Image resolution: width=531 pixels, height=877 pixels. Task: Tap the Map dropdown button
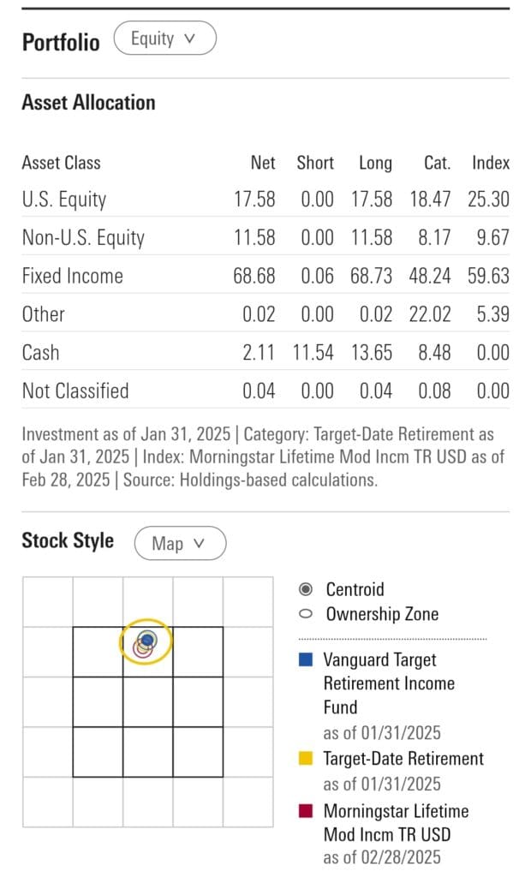pyautogui.click(x=179, y=543)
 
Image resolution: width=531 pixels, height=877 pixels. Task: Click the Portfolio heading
pyautogui.click(x=60, y=42)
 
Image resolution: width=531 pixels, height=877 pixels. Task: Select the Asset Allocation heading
pyautogui.click(x=88, y=103)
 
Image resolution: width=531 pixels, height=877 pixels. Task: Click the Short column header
pyautogui.click(x=315, y=163)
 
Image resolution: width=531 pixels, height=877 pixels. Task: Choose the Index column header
pyautogui.click(x=490, y=163)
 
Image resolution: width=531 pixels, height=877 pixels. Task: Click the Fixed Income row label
pyautogui.click(x=72, y=276)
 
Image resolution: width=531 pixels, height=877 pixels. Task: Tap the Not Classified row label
pyautogui.click(x=75, y=391)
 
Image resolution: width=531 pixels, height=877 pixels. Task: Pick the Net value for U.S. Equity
pyautogui.click(x=254, y=200)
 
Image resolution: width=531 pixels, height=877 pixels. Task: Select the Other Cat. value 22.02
pyautogui.click(x=430, y=314)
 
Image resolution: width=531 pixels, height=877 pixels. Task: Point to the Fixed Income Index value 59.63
pyautogui.click(x=488, y=276)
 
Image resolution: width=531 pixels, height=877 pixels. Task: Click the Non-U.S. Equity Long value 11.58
pyautogui.click(x=372, y=237)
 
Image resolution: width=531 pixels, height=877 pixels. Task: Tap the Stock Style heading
pyautogui.click(x=68, y=541)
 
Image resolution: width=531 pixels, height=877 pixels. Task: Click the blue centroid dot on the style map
pyautogui.click(x=147, y=639)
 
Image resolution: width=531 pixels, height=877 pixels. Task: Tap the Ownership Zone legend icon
pyautogui.click(x=306, y=614)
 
